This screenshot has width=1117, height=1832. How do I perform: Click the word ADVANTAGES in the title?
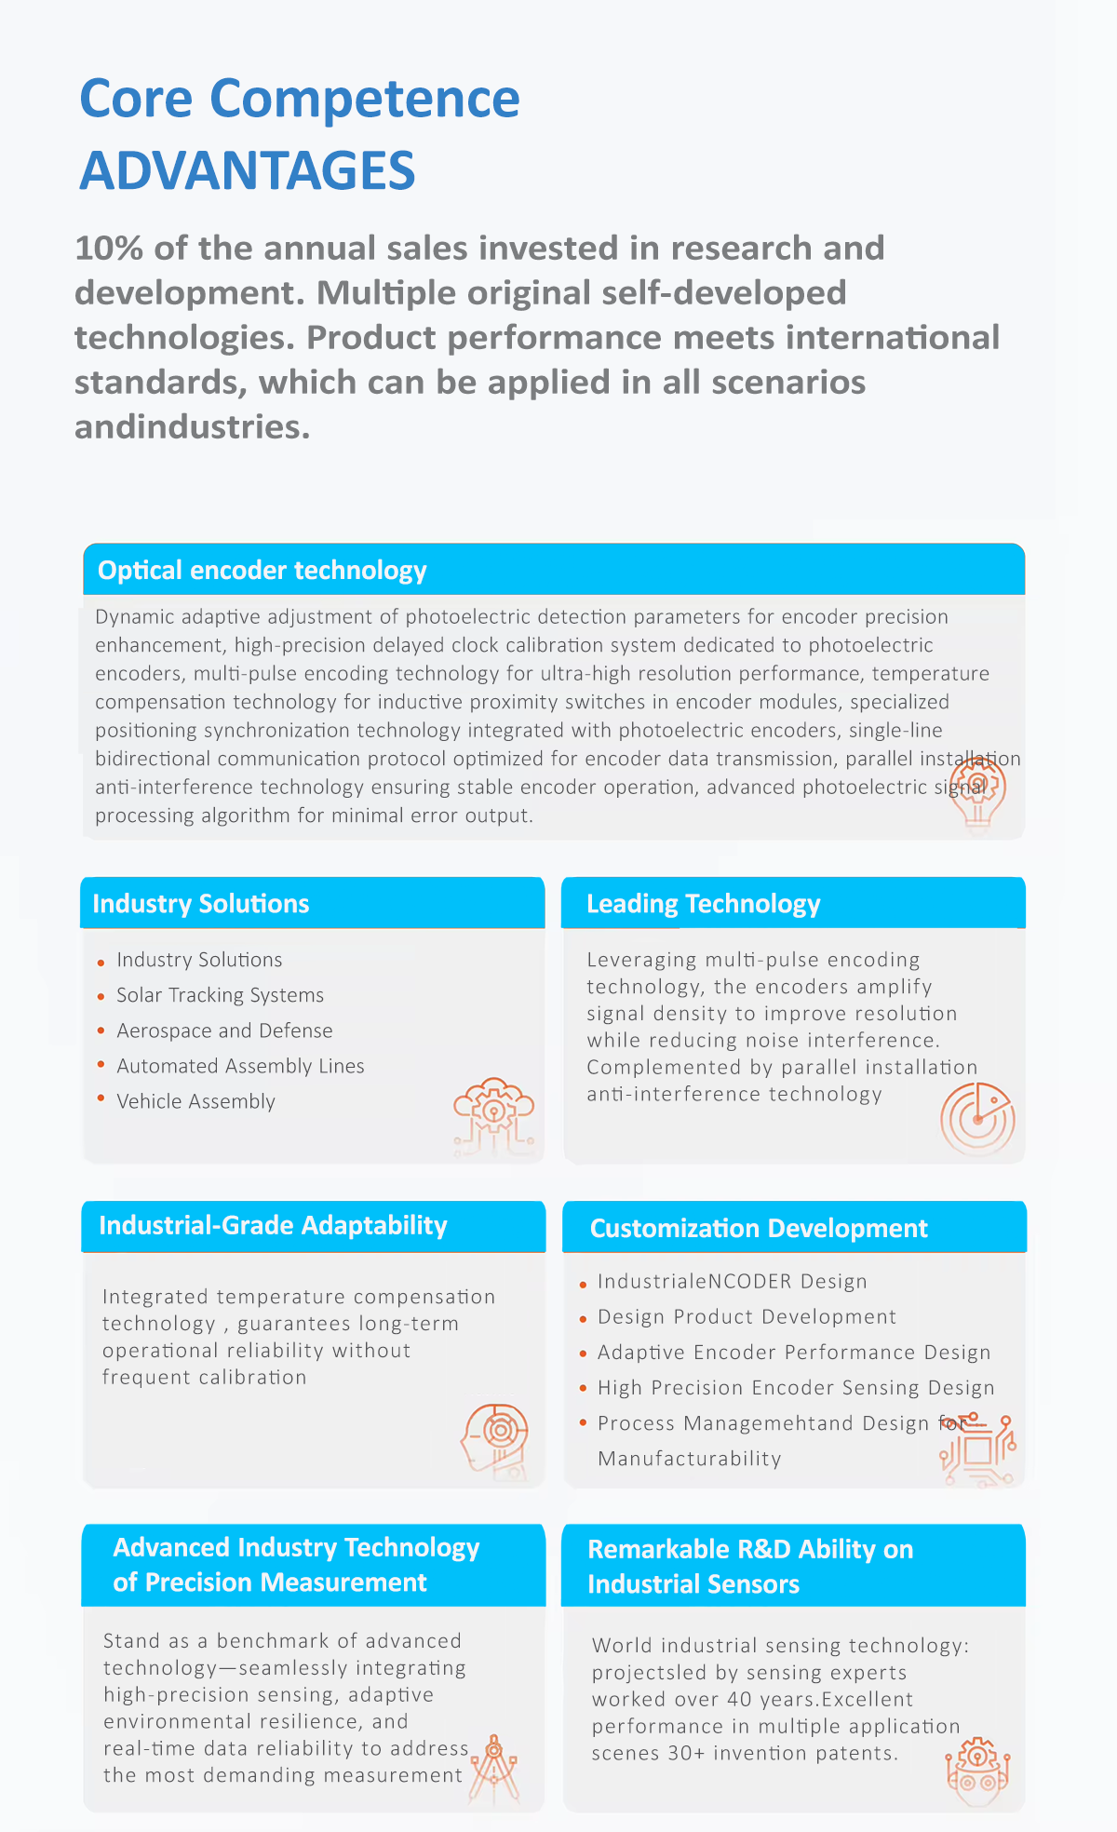coord(248,171)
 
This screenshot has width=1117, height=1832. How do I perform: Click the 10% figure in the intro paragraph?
coord(109,249)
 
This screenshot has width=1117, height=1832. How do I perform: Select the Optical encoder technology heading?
coord(262,571)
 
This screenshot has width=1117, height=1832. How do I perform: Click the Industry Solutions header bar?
coord(312,903)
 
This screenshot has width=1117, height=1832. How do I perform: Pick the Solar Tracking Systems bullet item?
coord(220,995)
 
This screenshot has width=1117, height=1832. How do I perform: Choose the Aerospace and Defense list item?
coord(224,1030)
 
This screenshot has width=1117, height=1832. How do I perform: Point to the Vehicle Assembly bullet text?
coord(195,1101)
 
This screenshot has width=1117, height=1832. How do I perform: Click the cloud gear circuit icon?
coord(493,1116)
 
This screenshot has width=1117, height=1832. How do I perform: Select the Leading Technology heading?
coord(703,904)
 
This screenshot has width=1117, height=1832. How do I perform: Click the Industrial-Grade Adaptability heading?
coord(273,1225)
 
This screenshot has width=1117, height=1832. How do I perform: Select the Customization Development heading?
coord(759,1229)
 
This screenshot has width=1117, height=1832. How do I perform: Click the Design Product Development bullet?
coord(747,1317)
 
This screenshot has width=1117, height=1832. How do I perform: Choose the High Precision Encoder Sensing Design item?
coord(796,1388)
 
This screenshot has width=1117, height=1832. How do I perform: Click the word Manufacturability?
coord(689,1459)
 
